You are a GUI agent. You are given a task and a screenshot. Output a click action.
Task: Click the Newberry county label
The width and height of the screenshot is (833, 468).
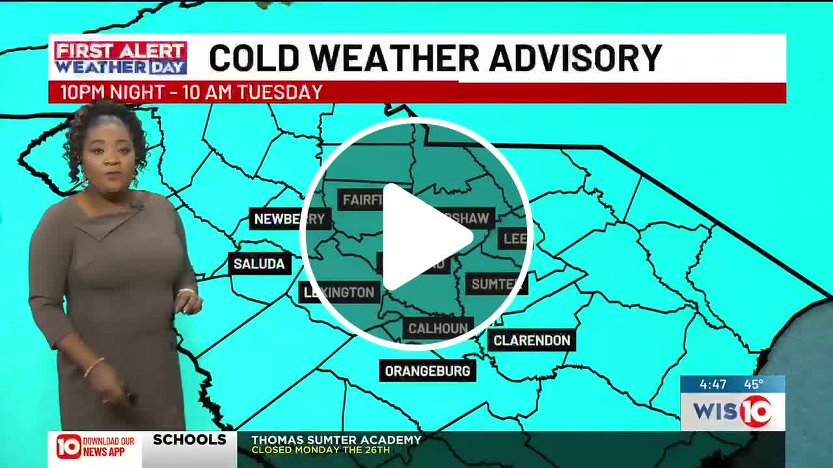[x=289, y=219]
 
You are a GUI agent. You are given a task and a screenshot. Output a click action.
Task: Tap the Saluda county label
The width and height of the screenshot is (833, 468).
[x=259, y=264]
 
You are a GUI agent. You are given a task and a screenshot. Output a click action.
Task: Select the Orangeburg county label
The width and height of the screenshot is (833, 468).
[x=428, y=371]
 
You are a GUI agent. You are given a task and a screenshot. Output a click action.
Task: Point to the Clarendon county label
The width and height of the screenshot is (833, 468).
[x=531, y=340]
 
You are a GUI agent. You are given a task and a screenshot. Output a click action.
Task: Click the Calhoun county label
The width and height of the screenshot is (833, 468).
[x=438, y=328]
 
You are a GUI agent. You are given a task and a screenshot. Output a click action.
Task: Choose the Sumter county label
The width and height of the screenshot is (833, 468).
[x=497, y=284]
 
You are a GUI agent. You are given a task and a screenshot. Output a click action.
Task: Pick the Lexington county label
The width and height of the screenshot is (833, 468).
[x=340, y=292]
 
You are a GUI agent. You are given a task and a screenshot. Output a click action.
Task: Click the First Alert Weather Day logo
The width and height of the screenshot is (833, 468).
[x=120, y=58]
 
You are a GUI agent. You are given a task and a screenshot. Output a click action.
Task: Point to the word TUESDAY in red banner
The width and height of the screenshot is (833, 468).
[x=279, y=92]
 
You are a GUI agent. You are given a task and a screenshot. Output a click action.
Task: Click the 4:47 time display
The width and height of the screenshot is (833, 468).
[x=713, y=384]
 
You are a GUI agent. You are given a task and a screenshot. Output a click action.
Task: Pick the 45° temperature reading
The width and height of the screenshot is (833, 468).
[x=754, y=384]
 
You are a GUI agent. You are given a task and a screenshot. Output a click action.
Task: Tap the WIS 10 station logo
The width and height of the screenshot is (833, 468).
[x=732, y=411]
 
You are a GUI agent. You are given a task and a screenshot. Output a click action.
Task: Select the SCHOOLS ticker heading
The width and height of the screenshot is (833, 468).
[x=189, y=440]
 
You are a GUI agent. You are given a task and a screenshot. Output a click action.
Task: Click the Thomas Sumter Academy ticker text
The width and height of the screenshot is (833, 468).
[x=336, y=440]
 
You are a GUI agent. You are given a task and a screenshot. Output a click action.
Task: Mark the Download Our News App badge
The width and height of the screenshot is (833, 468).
[x=95, y=447]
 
